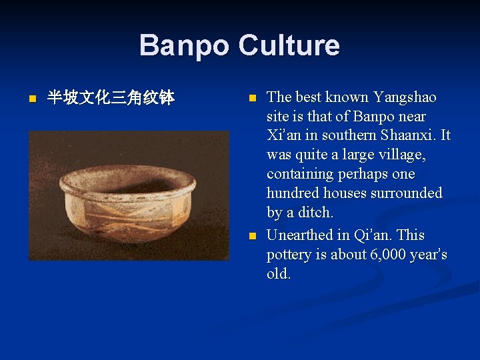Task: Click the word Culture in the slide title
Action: [x=289, y=46]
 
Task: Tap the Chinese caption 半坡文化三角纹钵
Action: [x=111, y=99]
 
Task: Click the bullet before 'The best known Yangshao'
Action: [x=251, y=98]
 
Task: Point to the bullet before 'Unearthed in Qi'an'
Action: [x=251, y=236]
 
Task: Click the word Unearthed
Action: [x=300, y=235]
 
